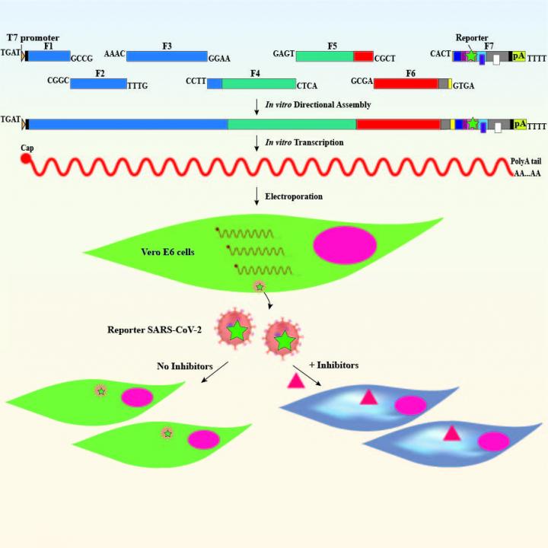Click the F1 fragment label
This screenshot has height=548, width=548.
click(49, 46)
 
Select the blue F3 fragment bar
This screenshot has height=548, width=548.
click(167, 56)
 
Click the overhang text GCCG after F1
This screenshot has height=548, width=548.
click(81, 58)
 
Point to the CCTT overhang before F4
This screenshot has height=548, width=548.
click(196, 81)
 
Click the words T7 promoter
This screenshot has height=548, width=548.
click(33, 37)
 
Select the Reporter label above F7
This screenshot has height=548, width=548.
click(472, 38)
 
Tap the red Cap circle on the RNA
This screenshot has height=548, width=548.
click(26, 159)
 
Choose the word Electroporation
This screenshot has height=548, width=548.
click(294, 196)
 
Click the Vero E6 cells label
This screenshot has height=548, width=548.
click(167, 252)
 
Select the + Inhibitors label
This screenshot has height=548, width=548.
click(334, 365)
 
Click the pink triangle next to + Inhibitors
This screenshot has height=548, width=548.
click(295, 381)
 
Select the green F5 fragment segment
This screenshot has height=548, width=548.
click(324, 56)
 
